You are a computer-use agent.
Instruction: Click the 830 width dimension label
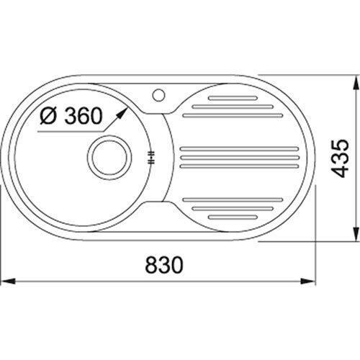point(164,265)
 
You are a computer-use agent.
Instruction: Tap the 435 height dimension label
point(340,158)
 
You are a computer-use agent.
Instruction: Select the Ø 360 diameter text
point(71,116)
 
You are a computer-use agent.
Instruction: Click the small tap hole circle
point(158,95)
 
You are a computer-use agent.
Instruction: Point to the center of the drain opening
point(109,158)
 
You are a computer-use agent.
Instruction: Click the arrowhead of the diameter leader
point(122,113)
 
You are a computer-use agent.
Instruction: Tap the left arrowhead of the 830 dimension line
point(9,281)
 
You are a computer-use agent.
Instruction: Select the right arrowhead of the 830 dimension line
point(308,281)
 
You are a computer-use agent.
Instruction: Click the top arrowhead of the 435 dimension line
point(355,84)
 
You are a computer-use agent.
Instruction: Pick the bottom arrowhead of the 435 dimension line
point(355,233)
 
